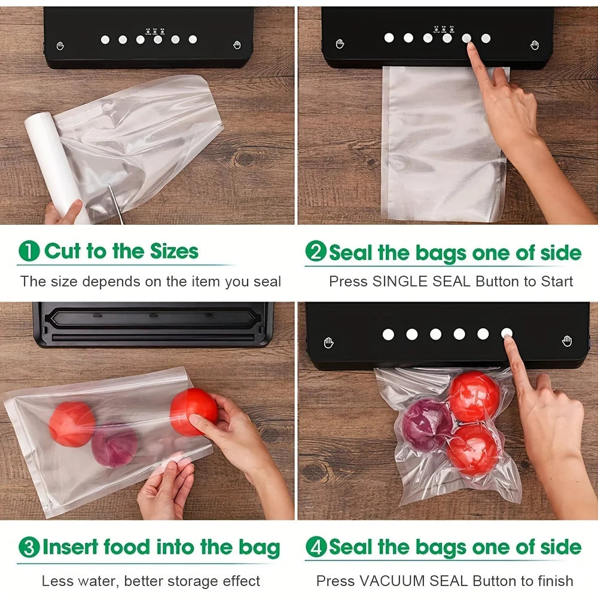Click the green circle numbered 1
(29, 251)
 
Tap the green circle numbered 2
(315, 252)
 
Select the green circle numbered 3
(29, 547)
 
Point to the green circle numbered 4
(315, 547)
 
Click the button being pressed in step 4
(507, 334)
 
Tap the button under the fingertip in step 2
(466, 38)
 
